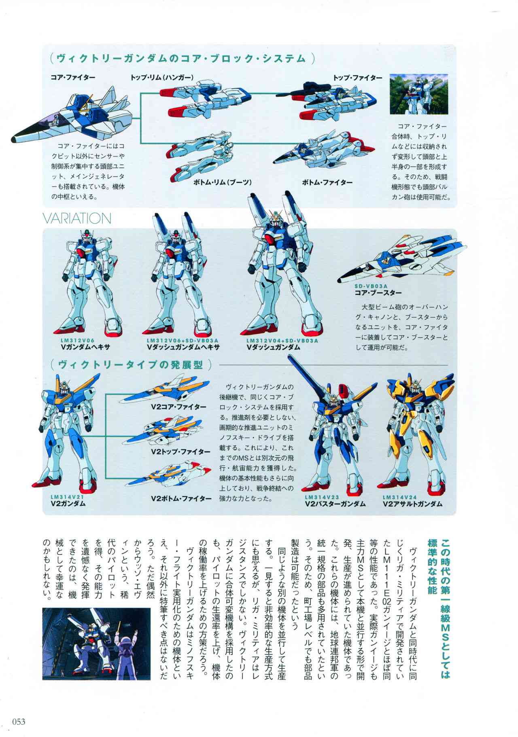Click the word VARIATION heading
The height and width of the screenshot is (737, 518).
77,218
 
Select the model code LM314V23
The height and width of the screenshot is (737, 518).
322,497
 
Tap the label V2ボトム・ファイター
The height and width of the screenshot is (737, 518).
181,498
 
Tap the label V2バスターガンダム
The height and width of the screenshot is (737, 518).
335,504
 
